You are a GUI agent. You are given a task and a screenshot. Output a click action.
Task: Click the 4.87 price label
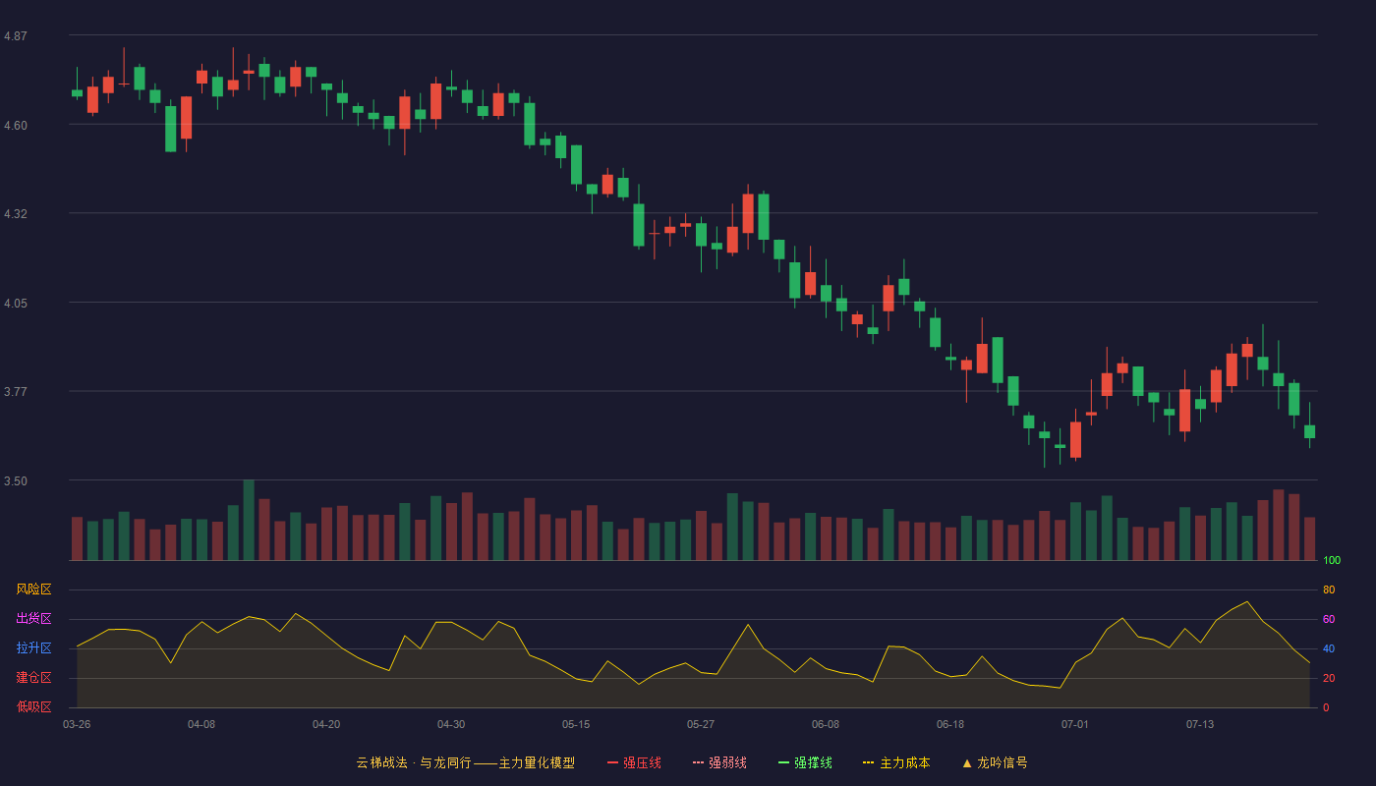(16, 36)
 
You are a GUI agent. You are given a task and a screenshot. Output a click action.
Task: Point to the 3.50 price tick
(16, 481)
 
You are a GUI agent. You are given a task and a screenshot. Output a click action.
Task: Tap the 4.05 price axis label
(16, 304)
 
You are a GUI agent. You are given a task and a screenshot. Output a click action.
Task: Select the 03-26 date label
(77, 725)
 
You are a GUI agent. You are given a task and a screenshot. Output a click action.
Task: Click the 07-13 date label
(1200, 725)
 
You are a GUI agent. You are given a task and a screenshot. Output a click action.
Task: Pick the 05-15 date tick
(576, 725)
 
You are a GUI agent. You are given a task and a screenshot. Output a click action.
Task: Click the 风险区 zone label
(33, 589)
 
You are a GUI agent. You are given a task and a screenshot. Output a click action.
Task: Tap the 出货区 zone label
(33, 618)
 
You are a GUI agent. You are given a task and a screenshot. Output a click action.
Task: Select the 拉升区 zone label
(33, 647)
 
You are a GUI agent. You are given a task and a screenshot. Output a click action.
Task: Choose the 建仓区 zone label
(33, 677)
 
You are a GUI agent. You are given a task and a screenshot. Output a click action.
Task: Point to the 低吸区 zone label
(33, 706)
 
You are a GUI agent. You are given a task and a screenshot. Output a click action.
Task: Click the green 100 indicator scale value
(1332, 560)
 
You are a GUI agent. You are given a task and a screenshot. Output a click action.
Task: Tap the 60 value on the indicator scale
(1329, 619)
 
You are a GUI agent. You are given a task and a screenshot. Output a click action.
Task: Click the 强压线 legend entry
(634, 763)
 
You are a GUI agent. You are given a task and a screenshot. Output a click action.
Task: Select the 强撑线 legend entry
(805, 763)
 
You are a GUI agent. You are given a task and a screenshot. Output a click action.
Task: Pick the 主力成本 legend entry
(896, 763)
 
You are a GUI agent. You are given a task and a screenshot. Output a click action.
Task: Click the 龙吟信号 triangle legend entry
(995, 763)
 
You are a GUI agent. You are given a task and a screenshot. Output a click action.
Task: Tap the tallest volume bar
(249, 520)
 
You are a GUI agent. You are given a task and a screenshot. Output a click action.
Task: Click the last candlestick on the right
(1309, 425)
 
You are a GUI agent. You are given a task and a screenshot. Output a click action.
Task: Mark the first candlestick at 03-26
(77, 92)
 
